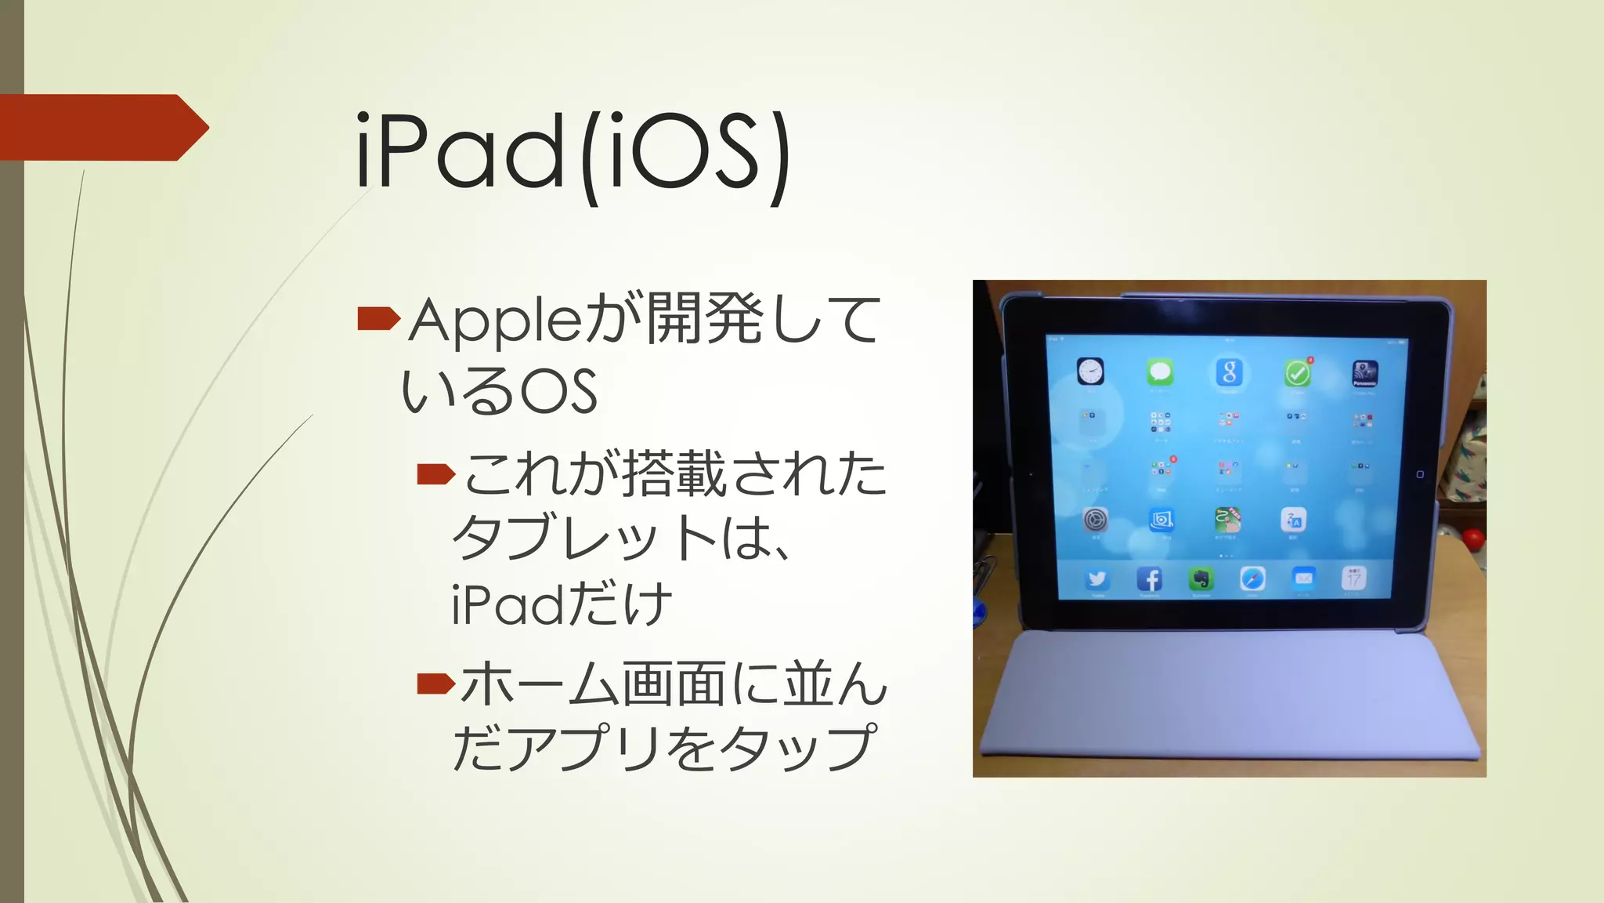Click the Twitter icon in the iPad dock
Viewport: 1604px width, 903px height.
click(x=1096, y=579)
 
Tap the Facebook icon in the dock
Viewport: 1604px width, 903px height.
click(x=1149, y=579)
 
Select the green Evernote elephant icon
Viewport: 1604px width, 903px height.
click(x=1201, y=579)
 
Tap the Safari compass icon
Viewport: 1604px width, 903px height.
click(x=1252, y=579)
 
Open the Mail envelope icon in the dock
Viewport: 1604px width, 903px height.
click(x=1303, y=578)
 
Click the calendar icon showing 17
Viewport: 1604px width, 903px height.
click(x=1354, y=578)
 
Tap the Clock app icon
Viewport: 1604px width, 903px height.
click(x=1090, y=371)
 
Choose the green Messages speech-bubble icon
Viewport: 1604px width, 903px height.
click(x=1160, y=372)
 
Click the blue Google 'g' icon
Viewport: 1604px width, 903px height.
click(x=1229, y=372)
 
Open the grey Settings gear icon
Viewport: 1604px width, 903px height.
click(x=1096, y=519)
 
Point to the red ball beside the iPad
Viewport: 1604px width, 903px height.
click(x=1473, y=539)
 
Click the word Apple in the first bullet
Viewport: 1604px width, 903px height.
click(x=493, y=321)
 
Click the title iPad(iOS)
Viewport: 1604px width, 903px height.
click(x=573, y=152)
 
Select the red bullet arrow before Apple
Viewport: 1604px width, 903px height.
click(x=378, y=318)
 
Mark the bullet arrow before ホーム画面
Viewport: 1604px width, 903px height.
click(x=435, y=684)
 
